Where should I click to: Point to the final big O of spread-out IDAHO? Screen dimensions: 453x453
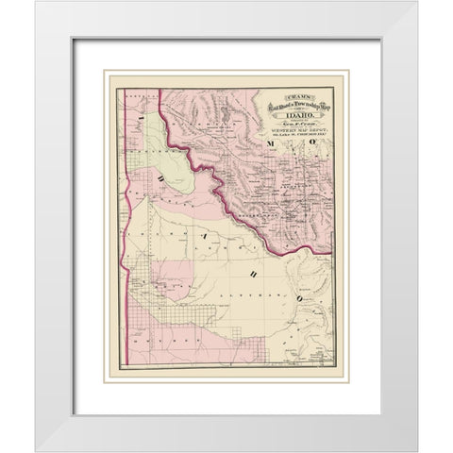pyautogui.click(x=295, y=274)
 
